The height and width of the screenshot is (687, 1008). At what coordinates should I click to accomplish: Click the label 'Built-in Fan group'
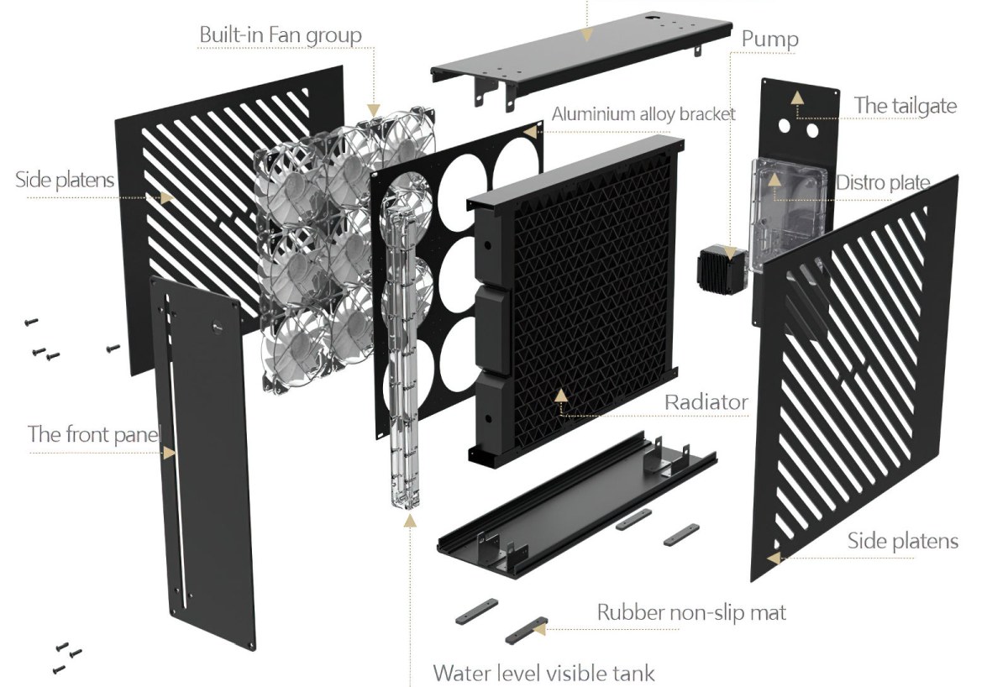[280, 35]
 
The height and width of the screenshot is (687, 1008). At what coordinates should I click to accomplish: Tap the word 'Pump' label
[769, 39]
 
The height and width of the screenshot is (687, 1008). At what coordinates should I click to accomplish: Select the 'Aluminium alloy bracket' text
[643, 113]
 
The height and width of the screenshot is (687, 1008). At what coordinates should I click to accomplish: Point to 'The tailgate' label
[906, 106]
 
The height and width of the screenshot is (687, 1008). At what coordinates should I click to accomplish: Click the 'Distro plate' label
[883, 182]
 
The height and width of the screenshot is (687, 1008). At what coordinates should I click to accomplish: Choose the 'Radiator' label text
[706, 402]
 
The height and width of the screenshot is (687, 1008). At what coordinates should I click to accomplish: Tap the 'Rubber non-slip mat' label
[691, 612]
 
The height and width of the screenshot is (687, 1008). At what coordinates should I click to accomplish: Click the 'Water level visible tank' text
[543, 672]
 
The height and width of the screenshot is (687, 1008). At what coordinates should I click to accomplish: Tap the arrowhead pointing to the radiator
[561, 395]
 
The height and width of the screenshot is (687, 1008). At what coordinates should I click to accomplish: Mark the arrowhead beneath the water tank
[410, 522]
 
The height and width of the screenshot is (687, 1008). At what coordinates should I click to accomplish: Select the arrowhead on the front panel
[170, 452]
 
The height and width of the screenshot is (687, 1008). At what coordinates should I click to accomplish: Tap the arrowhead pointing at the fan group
[374, 110]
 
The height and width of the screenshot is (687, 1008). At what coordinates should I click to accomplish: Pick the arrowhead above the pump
[729, 251]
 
